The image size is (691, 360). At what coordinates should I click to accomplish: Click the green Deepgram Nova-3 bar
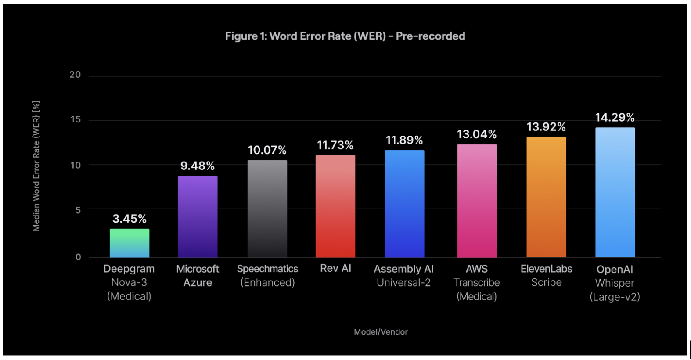(130, 243)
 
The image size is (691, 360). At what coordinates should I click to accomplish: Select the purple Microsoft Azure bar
(198, 216)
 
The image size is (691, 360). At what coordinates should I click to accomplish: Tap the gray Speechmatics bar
(267, 209)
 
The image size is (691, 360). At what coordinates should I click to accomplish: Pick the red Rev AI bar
(335, 206)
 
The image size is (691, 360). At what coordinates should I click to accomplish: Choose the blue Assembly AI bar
(404, 204)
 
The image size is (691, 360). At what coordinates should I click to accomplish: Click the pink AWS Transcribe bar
(477, 201)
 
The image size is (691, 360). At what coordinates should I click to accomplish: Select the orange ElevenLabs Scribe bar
(546, 197)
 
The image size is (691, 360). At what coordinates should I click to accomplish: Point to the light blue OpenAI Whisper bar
(615, 192)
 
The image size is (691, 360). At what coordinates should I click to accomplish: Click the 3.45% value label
(130, 219)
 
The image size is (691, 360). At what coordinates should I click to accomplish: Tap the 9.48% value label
(198, 166)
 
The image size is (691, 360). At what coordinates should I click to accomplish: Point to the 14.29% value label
(615, 118)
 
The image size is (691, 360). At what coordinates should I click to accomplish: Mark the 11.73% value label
(335, 145)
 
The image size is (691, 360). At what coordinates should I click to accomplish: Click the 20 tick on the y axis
(75, 75)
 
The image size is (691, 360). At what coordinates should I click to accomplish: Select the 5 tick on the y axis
(78, 210)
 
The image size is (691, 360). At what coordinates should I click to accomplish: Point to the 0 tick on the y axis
(78, 257)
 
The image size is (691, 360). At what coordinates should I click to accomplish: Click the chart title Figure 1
(345, 36)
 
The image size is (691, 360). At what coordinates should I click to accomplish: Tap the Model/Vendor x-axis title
(381, 332)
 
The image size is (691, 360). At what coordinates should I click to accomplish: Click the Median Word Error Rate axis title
(36, 166)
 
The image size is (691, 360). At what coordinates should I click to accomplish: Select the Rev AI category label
(335, 268)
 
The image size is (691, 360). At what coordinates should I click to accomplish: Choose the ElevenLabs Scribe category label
(546, 276)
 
